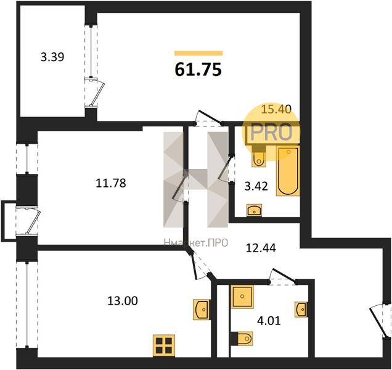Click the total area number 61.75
(198, 69)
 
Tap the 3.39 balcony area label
(52, 57)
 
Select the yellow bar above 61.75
(198, 54)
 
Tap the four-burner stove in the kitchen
(165, 345)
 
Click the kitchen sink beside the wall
(202, 308)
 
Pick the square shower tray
(242, 297)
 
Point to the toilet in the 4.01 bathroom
(243, 338)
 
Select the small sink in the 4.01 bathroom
(301, 308)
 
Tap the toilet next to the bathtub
(259, 157)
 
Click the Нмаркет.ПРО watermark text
(195, 243)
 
